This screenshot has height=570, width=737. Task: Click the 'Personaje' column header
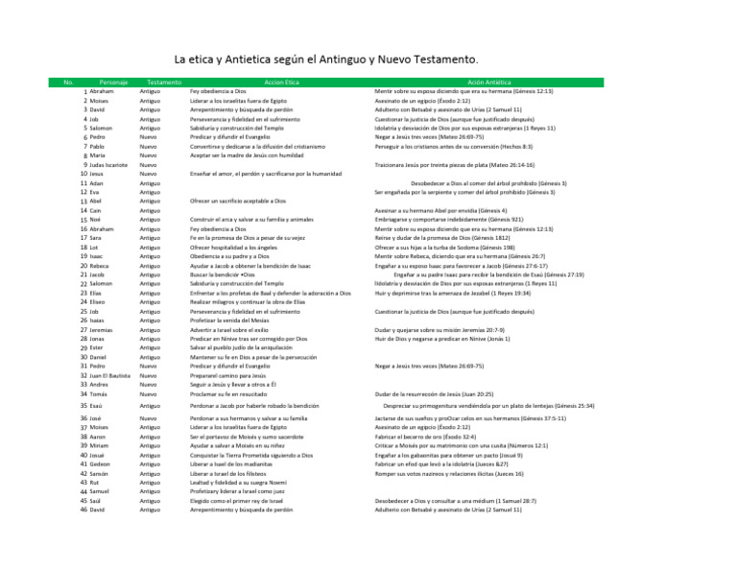point(113,82)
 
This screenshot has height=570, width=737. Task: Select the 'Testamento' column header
point(158,82)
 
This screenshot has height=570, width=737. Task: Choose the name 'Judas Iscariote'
point(116,164)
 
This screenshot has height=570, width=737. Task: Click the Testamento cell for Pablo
point(151,146)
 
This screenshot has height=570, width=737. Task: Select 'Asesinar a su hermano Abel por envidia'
point(440,209)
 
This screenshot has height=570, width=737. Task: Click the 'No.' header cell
point(67,82)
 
